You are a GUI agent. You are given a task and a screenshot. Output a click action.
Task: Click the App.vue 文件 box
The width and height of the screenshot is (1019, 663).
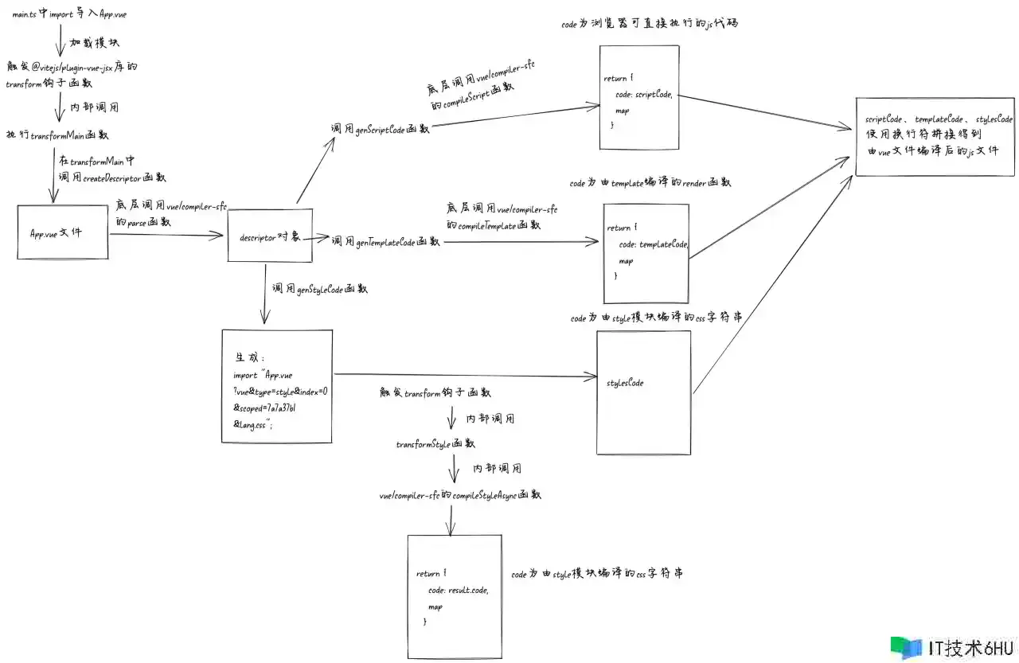point(63,232)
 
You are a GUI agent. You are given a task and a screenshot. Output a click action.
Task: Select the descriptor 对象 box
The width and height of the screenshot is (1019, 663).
point(267,236)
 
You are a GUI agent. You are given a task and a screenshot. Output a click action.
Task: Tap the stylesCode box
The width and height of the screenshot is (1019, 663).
point(643,392)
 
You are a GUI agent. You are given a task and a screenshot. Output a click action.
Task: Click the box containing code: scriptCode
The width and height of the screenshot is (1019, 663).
point(639,97)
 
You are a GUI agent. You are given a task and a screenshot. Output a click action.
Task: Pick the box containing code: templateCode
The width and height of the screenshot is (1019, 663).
point(646,253)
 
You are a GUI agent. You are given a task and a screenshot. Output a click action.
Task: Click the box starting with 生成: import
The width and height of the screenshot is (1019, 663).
point(276,388)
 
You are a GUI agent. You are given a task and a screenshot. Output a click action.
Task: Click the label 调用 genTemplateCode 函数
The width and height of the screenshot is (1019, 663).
point(385,241)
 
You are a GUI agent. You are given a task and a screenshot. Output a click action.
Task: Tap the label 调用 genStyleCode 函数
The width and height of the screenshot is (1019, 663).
point(319,290)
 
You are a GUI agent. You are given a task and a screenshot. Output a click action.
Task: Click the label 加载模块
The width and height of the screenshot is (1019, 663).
point(95,41)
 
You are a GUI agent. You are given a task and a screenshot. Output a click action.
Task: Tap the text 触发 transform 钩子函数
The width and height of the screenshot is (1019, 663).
point(435,392)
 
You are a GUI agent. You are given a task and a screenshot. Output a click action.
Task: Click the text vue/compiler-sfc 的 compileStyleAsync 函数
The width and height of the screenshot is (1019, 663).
point(460,495)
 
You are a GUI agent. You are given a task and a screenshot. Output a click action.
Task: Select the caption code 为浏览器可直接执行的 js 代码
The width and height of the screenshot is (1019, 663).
point(650,24)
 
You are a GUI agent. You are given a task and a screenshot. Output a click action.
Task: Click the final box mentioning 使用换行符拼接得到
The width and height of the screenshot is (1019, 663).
point(935,136)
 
